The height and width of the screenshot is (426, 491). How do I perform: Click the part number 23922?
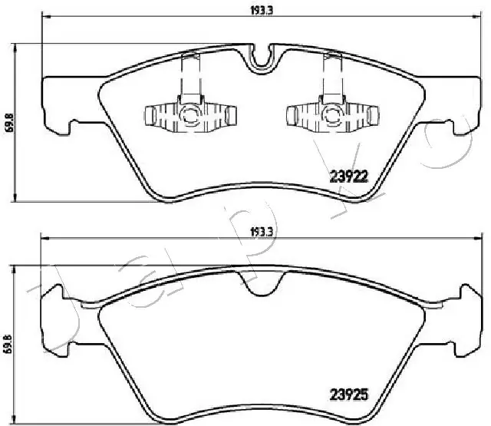point(350,175)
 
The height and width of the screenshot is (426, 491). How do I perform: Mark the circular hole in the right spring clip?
point(331,116)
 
